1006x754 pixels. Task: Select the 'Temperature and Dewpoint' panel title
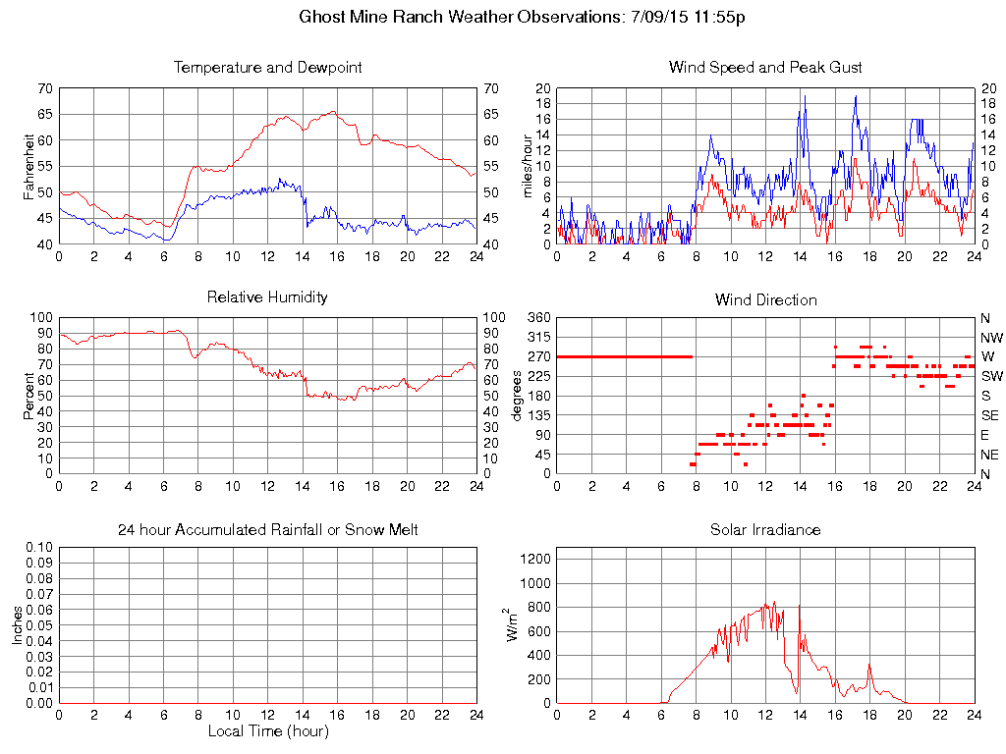(x=267, y=68)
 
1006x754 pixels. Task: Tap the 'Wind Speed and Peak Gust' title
(x=765, y=68)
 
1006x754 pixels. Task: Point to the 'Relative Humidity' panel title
(x=267, y=296)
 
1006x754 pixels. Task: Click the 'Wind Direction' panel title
(x=765, y=299)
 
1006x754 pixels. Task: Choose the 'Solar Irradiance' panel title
(x=765, y=529)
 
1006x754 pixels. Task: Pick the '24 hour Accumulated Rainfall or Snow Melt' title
(x=267, y=529)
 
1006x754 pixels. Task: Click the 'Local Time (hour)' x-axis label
(x=267, y=731)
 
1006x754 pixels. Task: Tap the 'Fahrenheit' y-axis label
(x=30, y=166)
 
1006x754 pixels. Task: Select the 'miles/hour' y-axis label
(x=528, y=166)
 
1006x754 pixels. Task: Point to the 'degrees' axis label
(x=518, y=396)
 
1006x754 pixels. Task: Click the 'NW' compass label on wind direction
(x=990, y=337)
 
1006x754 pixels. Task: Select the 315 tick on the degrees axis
(x=538, y=337)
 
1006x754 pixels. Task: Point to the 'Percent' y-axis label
(x=30, y=396)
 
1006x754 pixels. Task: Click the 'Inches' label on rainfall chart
(x=19, y=625)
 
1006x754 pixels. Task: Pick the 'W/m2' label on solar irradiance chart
(x=512, y=624)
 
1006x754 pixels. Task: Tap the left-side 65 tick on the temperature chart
(x=45, y=114)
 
